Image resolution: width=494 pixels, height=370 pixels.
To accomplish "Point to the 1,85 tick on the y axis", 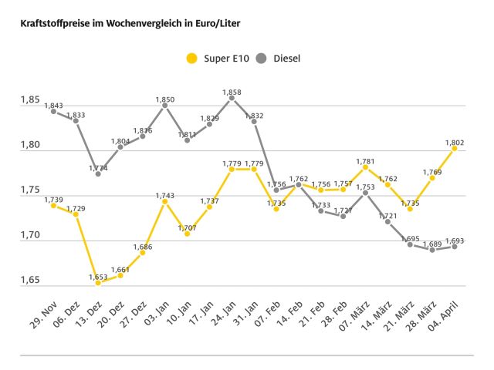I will pyautogui.click(x=29, y=101).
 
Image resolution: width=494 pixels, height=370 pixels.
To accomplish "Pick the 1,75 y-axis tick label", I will pyautogui.click(x=29, y=190).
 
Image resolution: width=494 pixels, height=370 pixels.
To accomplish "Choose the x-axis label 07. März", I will pyautogui.click(x=354, y=311).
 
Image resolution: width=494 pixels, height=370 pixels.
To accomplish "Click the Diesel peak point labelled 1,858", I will pyautogui.click(x=232, y=99).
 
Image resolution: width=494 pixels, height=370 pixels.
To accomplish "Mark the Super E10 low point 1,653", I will pyautogui.click(x=98, y=282).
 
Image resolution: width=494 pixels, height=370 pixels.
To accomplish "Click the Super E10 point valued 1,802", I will pyautogui.click(x=455, y=149).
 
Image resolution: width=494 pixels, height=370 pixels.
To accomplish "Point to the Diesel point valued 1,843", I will pyautogui.click(x=53, y=111).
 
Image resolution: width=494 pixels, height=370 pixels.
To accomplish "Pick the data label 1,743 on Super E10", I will pyautogui.click(x=164, y=195).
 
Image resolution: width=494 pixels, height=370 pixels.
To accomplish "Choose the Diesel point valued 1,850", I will pyautogui.click(x=164, y=106).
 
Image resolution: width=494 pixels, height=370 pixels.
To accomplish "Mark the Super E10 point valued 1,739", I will pyautogui.click(x=53, y=205).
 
